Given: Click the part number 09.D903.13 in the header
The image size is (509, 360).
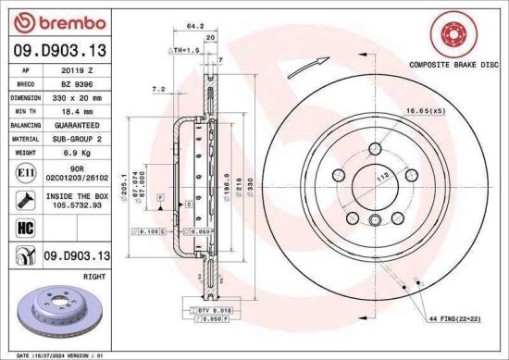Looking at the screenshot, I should click(x=58, y=52).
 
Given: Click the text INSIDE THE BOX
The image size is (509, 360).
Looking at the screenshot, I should click(x=79, y=195).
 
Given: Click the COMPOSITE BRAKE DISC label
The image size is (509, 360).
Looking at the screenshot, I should click(x=453, y=66).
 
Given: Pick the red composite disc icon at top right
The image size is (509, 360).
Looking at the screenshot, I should click(x=453, y=36).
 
